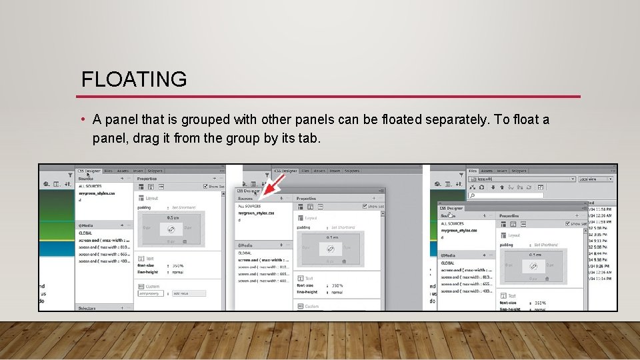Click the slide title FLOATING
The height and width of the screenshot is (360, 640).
pyautogui.click(x=134, y=79)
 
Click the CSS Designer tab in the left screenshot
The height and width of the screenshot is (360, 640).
pyautogui.click(x=89, y=171)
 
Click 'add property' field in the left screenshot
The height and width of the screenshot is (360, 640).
pyautogui.click(x=151, y=293)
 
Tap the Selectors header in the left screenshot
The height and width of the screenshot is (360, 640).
pyautogui.click(x=87, y=308)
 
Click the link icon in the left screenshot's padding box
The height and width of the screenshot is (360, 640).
pyautogui.click(x=171, y=229)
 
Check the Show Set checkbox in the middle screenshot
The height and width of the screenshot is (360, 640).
pyautogui.click(x=365, y=207)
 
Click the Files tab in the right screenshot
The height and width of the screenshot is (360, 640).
pyautogui.click(x=473, y=171)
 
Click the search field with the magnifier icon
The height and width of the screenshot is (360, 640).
pyautogui.click(x=527, y=195)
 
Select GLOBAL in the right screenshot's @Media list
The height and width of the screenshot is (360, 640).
pyautogui.click(x=448, y=263)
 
